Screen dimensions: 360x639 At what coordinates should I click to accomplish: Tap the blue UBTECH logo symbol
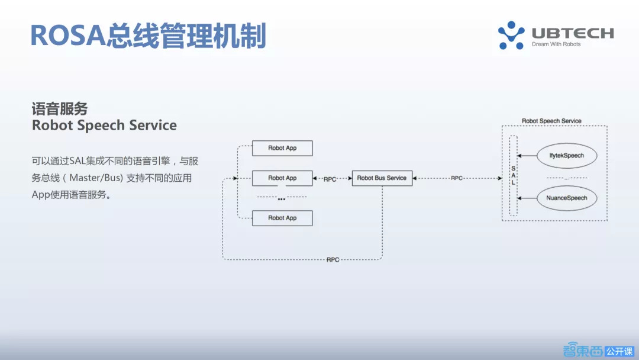(511, 35)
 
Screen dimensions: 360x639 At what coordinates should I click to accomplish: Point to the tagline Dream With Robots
(556, 44)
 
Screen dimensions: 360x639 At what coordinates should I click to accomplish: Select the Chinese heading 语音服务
(60, 109)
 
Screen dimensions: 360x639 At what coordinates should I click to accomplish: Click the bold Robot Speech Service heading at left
(104, 125)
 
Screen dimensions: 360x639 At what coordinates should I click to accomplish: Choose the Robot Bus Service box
(382, 178)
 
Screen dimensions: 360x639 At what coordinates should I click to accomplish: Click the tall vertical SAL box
(513, 176)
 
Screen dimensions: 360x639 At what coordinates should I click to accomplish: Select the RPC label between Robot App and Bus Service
(330, 179)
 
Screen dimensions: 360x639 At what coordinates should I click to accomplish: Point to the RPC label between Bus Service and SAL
(457, 178)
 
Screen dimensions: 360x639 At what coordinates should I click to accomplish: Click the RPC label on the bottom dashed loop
(333, 260)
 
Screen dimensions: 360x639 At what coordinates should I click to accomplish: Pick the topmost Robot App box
(282, 148)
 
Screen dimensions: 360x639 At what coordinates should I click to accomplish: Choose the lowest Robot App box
(282, 218)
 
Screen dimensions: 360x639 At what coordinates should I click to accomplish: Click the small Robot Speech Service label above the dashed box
(551, 121)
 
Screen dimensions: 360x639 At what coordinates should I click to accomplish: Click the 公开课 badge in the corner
(619, 351)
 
